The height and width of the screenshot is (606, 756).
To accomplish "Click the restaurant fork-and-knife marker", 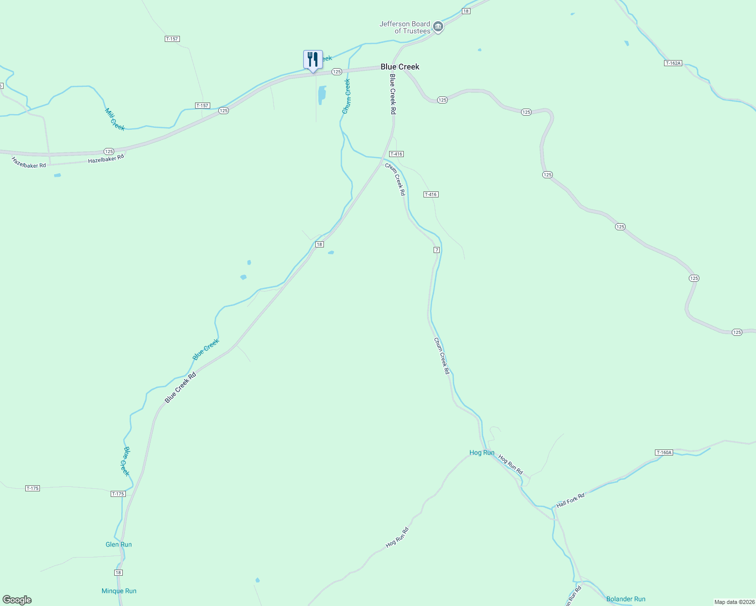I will [x=313, y=60].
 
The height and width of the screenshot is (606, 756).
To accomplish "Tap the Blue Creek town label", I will [x=400, y=67].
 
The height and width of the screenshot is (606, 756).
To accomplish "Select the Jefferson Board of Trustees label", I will [x=405, y=27].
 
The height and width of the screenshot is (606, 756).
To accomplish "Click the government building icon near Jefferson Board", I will [x=439, y=27].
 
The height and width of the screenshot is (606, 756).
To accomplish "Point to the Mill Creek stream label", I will [x=115, y=119].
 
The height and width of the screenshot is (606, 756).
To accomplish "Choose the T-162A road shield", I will [x=673, y=63].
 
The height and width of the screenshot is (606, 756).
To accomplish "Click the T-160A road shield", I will [x=664, y=452].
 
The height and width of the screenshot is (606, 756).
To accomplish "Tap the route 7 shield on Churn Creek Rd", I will [x=437, y=250].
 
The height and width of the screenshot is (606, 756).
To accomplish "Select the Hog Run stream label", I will [x=482, y=452].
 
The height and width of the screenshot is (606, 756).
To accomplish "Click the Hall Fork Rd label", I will [x=570, y=500].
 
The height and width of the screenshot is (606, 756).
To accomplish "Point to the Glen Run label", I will [x=119, y=544].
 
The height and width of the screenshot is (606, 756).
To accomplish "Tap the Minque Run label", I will [x=119, y=591].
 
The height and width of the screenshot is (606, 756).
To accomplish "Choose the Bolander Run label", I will [x=626, y=599].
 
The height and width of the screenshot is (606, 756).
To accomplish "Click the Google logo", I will [x=17, y=600].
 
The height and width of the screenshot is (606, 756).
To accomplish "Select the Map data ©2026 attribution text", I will [x=734, y=602].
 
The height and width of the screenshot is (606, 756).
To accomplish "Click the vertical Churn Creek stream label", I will [x=347, y=96].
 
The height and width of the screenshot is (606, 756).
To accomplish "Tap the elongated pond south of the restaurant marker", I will [x=321, y=94].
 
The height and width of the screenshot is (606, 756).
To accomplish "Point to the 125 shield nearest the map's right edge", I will [x=737, y=332].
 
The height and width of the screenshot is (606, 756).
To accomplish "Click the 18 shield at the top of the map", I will [x=466, y=11].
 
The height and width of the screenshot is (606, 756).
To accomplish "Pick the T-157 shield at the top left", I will [x=172, y=39].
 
